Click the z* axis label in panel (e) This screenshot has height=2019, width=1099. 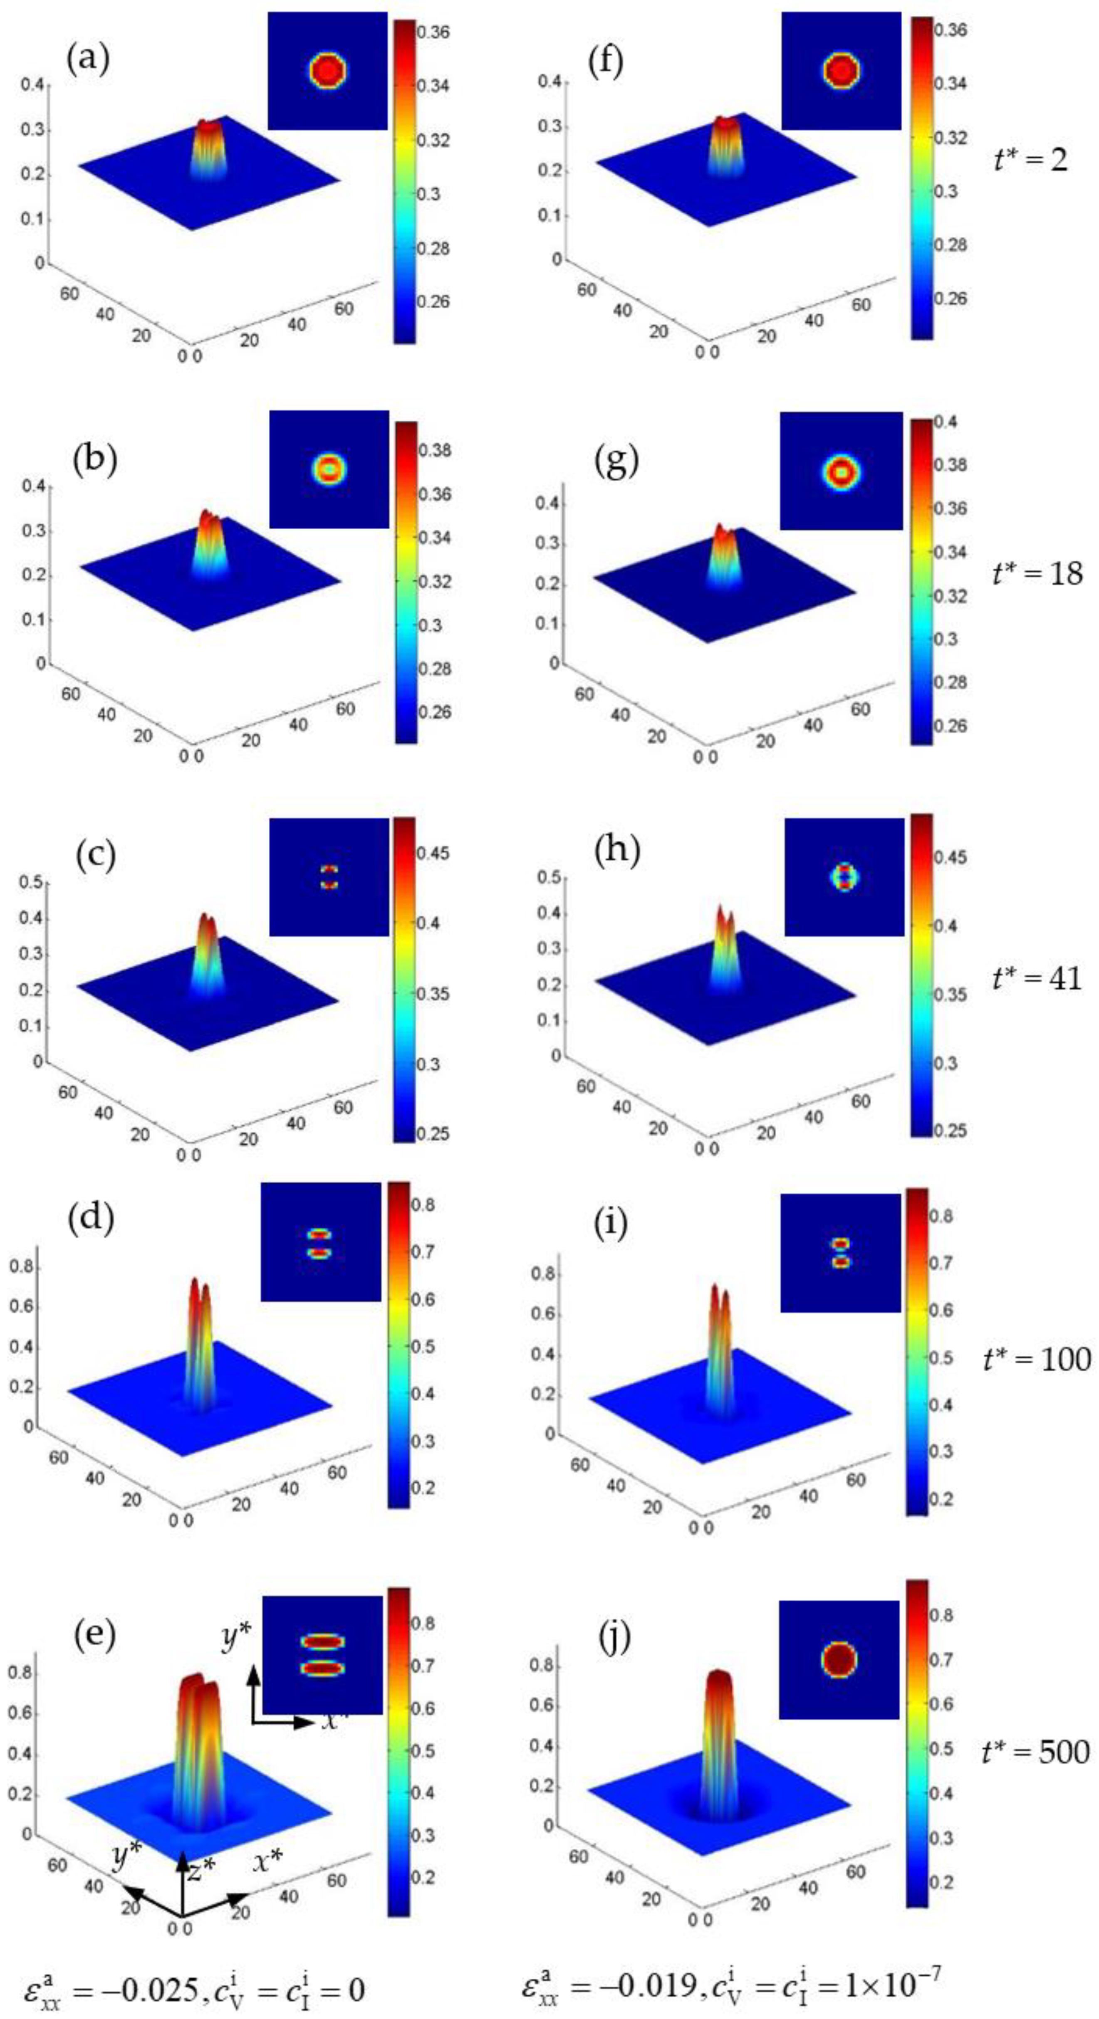[200, 1867]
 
